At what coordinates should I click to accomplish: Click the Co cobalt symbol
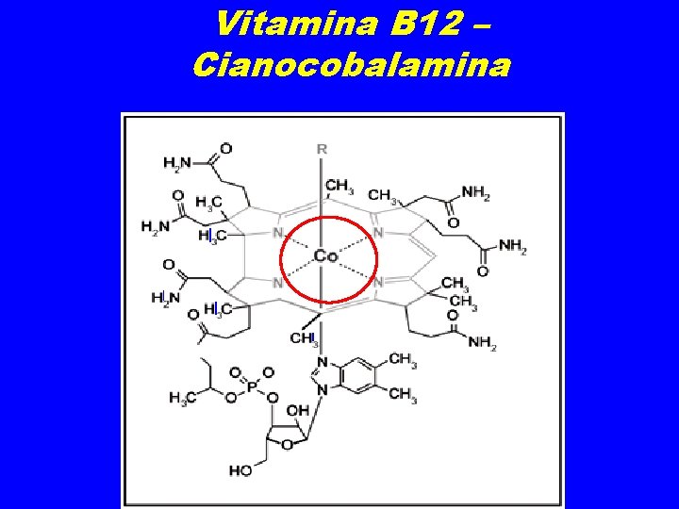pos(326,255)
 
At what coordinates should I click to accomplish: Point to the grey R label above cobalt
pos(322,148)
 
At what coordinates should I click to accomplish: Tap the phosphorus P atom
pos(251,386)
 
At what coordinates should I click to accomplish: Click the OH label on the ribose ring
pos(298,410)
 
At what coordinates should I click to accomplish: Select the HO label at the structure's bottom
pos(240,468)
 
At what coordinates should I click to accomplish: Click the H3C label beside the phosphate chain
pos(183,398)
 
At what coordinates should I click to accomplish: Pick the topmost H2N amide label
pos(176,163)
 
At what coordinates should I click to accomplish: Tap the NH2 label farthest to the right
pos(512,247)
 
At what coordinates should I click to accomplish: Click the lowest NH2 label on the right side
pos(481,342)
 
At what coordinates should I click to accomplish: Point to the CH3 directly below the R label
pos(340,186)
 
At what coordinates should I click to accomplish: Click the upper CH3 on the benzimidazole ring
pos(401,358)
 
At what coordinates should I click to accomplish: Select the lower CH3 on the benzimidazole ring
pos(401,393)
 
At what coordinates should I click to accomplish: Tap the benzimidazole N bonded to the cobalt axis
pos(323,362)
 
